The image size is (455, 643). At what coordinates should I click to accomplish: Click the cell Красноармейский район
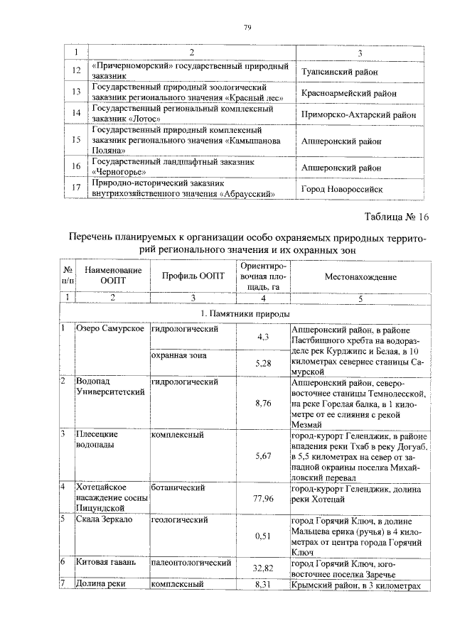pos(349,92)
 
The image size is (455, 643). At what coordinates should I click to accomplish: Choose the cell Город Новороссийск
pos(342,190)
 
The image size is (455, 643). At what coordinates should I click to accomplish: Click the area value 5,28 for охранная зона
pos(262,363)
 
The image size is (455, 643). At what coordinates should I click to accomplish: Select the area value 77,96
pos(262,498)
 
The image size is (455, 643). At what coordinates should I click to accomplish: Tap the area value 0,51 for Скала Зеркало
pos(262,536)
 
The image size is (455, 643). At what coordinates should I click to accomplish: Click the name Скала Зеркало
pos(105,519)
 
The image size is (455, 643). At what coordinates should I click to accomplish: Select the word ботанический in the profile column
pos(178,488)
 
